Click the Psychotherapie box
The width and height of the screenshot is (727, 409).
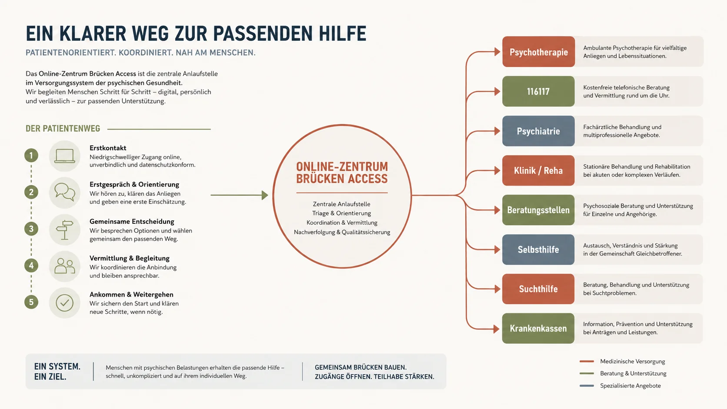538,52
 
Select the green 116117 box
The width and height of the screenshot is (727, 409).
538,91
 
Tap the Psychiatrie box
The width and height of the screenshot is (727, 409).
538,131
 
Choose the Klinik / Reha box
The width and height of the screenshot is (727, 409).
538,171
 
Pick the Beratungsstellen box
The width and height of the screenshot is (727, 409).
538,210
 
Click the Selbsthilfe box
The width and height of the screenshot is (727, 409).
538,249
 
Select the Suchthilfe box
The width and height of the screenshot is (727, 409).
538,289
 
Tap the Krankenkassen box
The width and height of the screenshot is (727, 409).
538,328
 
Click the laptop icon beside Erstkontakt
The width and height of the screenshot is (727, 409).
65,156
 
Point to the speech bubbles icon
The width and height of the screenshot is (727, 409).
65,192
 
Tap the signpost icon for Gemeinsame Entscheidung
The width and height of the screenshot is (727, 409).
65,229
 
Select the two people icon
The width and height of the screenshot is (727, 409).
65,266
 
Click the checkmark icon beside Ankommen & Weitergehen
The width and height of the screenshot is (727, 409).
65,303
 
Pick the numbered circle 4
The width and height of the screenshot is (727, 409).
31,266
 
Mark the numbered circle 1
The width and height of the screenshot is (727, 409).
31,155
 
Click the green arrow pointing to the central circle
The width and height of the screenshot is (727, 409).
239,195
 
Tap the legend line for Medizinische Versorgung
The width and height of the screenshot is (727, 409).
587,361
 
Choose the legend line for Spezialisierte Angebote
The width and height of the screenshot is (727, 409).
587,386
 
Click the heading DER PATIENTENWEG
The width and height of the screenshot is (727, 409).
63,129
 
